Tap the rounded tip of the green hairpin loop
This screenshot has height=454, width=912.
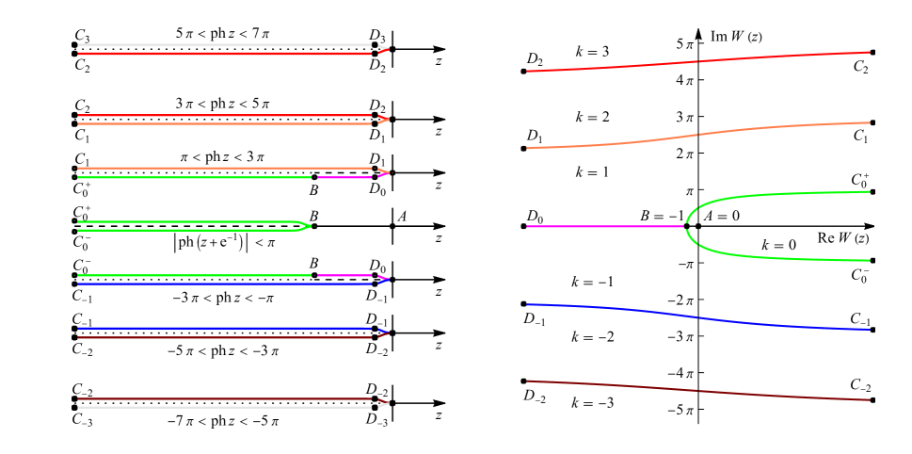308,226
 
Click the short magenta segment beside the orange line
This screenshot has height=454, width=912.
344,177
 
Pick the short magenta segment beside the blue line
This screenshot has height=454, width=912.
344,275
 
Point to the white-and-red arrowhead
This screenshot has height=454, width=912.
382,49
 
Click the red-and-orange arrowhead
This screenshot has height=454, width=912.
382,120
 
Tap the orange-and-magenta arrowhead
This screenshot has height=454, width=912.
382,172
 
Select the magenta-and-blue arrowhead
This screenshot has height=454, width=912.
382,280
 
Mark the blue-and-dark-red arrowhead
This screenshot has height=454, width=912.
382,332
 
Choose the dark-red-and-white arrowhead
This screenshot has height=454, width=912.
382,404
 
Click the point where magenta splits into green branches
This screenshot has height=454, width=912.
685,226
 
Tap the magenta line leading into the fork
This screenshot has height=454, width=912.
602,226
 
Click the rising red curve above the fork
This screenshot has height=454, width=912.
696,61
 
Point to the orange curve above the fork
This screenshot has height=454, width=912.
696,135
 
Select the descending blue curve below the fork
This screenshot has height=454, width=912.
696,317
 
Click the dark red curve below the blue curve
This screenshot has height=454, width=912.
696,391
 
